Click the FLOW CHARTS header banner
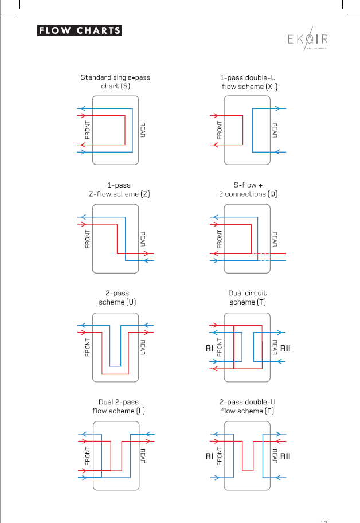point(80,31)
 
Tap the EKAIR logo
point(308,40)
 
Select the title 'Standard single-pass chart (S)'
point(115,81)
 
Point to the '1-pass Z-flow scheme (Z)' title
point(115,190)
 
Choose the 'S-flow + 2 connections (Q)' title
point(248,190)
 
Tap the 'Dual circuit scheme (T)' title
point(248,298)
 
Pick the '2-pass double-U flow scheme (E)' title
point(248,406)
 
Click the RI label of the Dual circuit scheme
point(209,348)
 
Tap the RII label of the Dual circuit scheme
point(285,348)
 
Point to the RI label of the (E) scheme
point(209,456)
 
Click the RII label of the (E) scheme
point(285,456)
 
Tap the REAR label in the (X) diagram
point(275,131)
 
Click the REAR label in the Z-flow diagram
point(143,239)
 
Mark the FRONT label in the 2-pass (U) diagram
point(88,348)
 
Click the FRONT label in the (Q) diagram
point(219,239)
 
